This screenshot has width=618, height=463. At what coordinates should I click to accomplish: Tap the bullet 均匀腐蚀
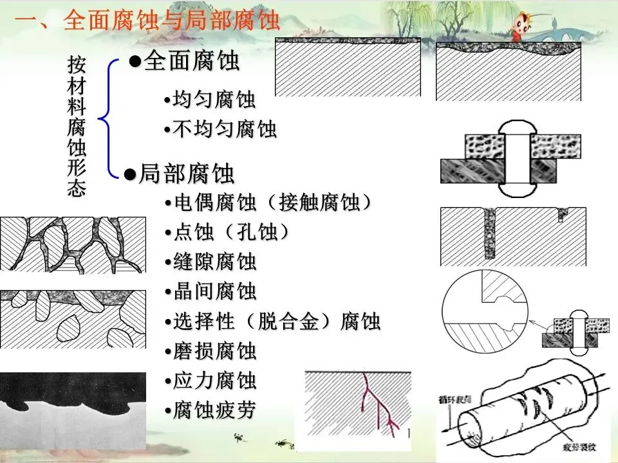(210, 100)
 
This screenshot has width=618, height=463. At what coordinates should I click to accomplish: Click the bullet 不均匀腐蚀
(220, 129)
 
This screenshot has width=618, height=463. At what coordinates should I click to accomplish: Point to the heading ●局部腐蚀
(180, 174)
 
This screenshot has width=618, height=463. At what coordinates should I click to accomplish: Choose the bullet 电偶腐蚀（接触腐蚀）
(273, 203)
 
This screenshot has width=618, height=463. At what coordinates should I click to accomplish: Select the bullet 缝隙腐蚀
(215, 262)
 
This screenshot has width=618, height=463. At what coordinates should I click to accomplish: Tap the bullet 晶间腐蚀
(215, 291)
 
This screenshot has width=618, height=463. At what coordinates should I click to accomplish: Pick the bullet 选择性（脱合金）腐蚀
(277, 321)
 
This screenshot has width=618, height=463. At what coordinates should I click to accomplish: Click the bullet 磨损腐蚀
(215, 351)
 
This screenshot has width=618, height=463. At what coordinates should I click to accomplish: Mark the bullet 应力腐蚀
(215, 381)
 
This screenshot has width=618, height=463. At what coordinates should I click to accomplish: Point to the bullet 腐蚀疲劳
(215, 410)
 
